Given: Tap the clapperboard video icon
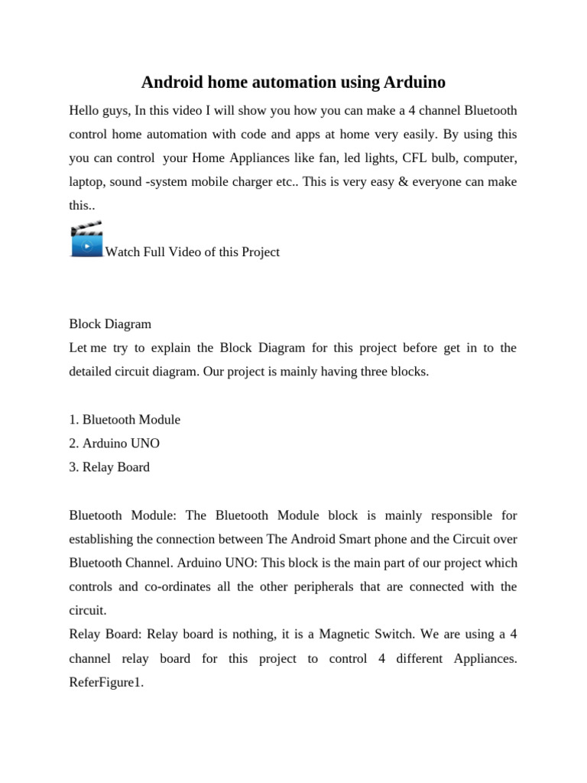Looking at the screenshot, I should point(86,239).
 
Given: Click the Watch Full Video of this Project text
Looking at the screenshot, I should point(192,252).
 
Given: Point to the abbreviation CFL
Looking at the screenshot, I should point(406,158).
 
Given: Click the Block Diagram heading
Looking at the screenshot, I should point(110,323).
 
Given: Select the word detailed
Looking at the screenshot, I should point(91,372).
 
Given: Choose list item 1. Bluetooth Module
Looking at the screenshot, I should point(125,419).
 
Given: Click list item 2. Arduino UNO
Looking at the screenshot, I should point(115,443).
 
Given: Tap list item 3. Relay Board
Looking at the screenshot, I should point(109,466).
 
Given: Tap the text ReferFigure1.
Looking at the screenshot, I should point(106,682).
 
